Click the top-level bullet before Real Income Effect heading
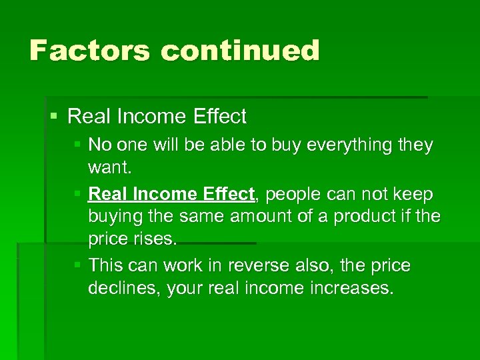click(54, 117)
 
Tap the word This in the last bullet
click(105, 266)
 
